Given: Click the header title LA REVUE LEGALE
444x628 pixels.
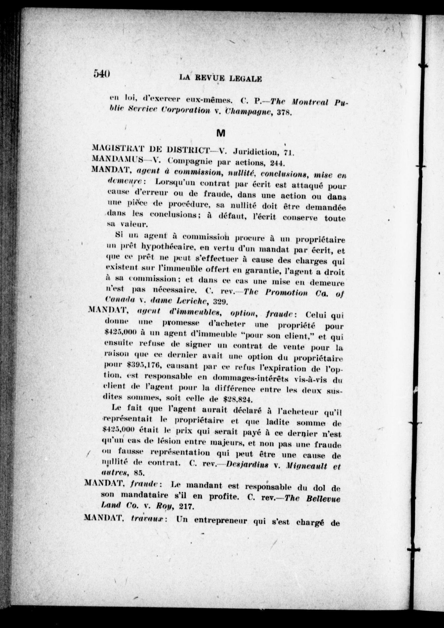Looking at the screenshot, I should click(x=220, y=78).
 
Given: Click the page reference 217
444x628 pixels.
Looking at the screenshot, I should click(x=187, y=507).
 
